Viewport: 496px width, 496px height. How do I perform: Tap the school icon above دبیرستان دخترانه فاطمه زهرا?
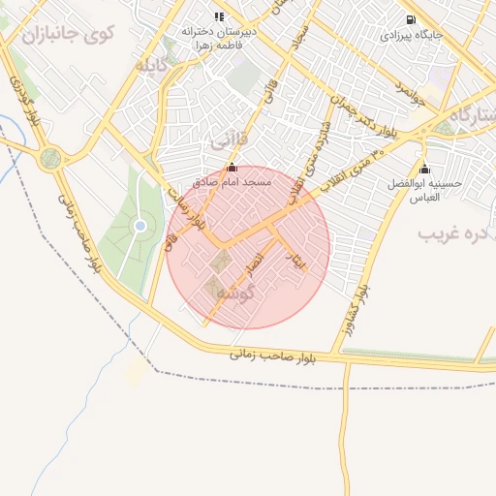tap(219, 17)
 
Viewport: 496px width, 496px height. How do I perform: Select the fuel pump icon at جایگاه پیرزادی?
tap(412, 19)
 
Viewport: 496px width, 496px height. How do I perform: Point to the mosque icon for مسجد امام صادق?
tap(231, 167)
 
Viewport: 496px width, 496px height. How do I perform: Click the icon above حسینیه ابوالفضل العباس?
tap(424, 170)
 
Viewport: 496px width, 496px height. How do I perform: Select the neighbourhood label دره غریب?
tap(455, 233)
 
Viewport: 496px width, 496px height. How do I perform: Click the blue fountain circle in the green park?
tap(140, 226)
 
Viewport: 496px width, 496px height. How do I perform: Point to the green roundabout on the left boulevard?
tap(50, 158)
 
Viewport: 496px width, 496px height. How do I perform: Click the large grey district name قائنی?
tap(231, 141)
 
